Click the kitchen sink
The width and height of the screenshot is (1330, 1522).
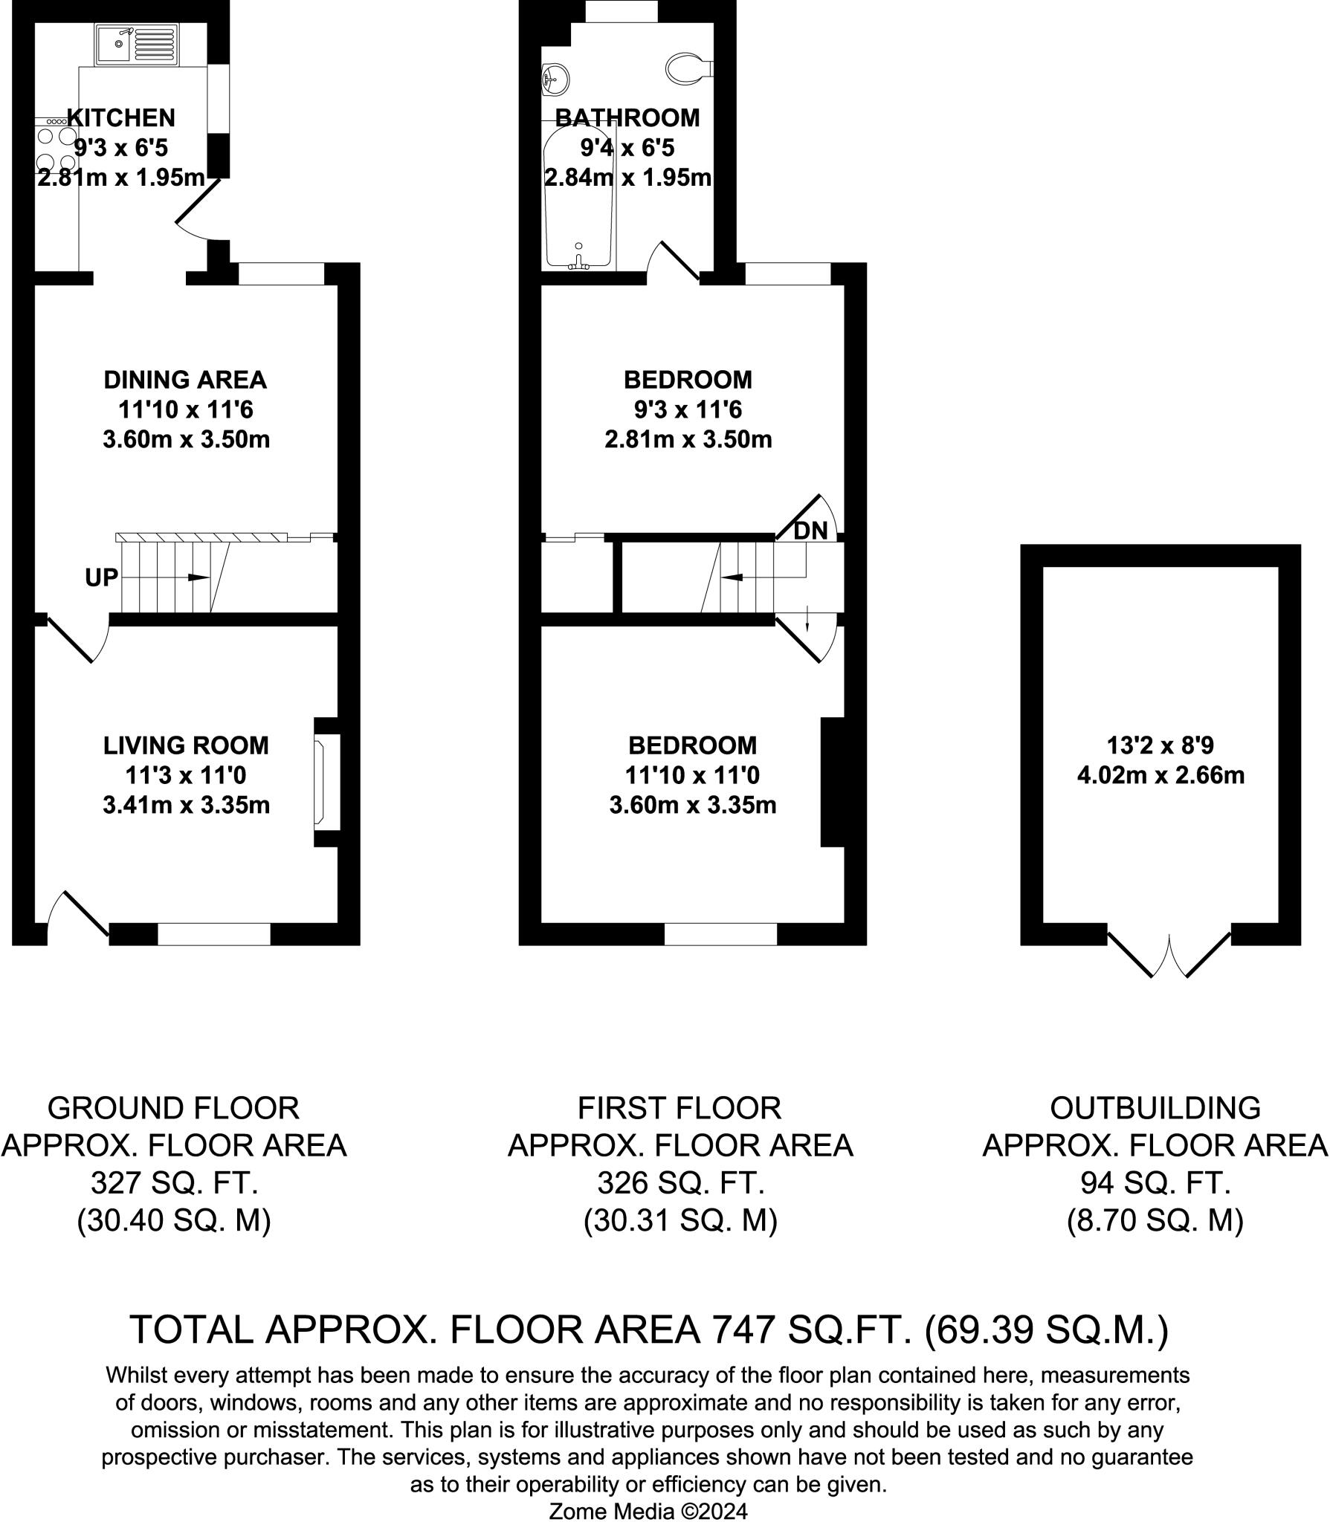[137, 44]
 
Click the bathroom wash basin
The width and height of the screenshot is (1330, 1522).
[555, 78]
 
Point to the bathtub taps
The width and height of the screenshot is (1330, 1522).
[578, 259]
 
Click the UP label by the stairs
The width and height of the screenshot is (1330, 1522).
[101, 577]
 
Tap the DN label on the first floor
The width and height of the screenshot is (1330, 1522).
[810, 531]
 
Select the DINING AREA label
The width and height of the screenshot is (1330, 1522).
[185, 380]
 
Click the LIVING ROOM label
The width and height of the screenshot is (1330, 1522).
[186, 745]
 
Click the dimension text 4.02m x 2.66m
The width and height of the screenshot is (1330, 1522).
[1160, 775]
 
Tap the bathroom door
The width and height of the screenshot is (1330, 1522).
[673, 262]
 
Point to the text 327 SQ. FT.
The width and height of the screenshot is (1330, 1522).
[174, 1182]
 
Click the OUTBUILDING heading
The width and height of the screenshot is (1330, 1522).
[1155, 1108]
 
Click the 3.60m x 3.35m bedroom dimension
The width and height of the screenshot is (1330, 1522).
[693, 805]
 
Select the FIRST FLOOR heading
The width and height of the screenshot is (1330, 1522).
[679, 1108]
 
